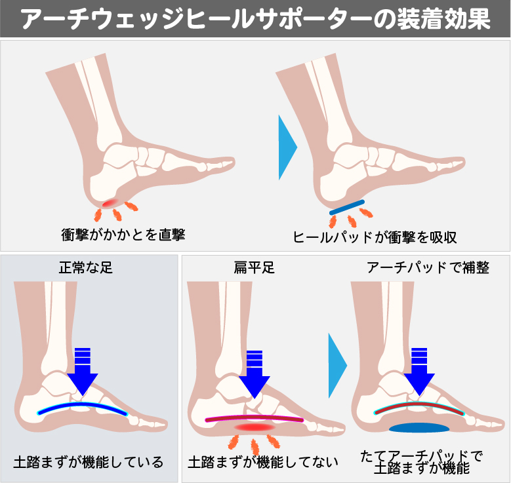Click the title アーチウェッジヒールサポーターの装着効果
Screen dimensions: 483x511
coord(255,19)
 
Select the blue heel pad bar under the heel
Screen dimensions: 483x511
coord(347,207)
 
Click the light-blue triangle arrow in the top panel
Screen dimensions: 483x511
coord(287,147)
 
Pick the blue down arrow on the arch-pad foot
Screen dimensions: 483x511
coord(419,370)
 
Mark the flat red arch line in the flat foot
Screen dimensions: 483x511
coord(254,417)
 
